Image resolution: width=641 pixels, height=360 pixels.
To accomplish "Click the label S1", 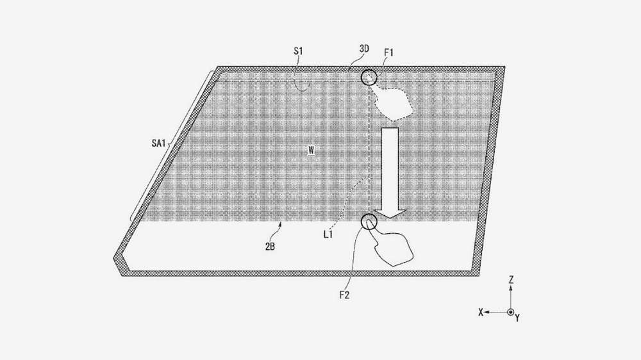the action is click(298, 51).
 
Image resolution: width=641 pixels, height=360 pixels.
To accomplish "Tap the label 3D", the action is click(364, 49).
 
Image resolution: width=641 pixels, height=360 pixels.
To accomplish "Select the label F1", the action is click(389, 53).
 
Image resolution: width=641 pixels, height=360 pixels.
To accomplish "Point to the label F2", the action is click(344, 295).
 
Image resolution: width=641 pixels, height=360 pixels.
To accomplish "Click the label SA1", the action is click(158, 143).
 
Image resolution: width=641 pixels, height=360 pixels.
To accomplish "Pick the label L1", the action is click(328, 234).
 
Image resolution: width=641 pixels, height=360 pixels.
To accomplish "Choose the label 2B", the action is click(270, 247).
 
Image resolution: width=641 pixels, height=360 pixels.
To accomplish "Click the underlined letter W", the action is click(312, 151).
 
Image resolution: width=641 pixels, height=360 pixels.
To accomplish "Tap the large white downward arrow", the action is click(390, 172).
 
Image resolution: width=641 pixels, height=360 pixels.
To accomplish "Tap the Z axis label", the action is click(511, 280).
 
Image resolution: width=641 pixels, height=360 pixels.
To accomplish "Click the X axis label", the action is click(481, 312).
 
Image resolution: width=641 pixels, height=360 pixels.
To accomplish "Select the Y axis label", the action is click(517, 318).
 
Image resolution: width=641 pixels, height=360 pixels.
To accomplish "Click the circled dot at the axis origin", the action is click(511, 312).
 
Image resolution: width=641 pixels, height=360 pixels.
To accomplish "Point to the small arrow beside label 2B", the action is click(279, 225).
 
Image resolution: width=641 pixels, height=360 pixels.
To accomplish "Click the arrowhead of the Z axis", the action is click(511, 288).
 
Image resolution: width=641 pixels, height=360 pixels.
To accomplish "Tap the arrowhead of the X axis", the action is click(487, 312).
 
